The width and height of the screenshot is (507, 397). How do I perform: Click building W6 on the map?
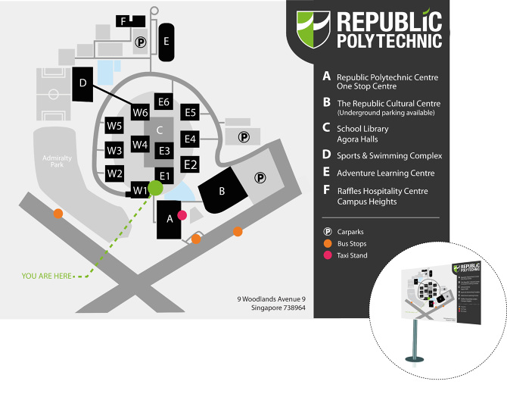140,113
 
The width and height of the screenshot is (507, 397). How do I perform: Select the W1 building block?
139,190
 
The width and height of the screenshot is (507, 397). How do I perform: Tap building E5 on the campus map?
190,113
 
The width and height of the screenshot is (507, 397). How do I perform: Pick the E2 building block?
190,164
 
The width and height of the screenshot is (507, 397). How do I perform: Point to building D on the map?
83,83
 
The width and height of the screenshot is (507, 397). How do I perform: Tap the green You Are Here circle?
156,186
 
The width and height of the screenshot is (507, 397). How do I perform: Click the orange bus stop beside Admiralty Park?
58,214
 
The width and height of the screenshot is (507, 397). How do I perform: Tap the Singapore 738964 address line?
270,308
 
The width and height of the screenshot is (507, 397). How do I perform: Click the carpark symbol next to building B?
260,178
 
